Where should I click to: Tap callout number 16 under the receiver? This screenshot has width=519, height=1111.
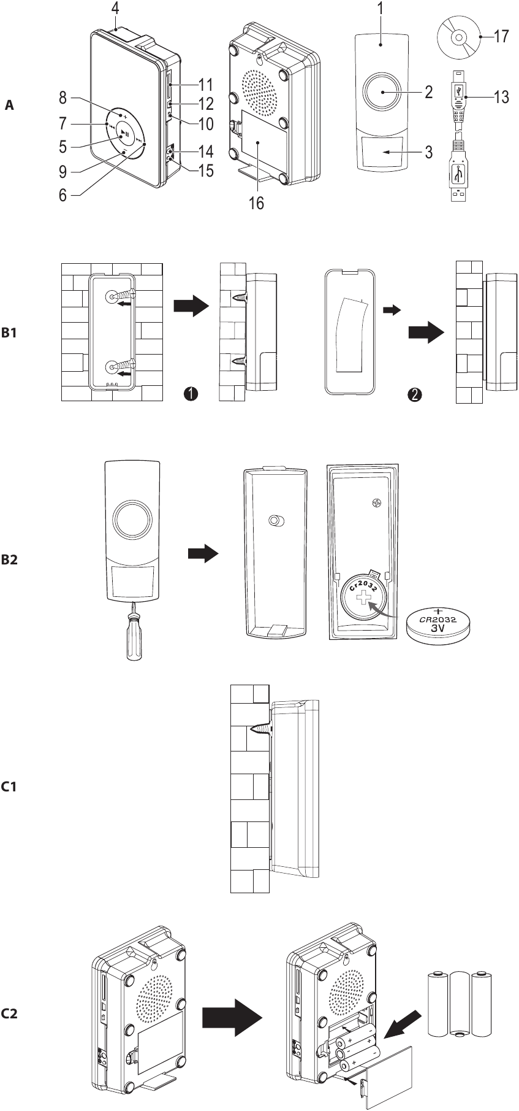(x=256, y=203)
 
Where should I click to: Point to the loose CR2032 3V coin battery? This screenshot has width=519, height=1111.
(x=439, y=625)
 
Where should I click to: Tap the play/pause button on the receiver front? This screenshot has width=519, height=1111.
(x=124, y=133)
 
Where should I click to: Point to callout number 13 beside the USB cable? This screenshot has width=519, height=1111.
(x=501, y=97)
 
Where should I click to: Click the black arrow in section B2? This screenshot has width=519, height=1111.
(x=202, y=554)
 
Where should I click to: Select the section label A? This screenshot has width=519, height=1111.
(x=9, y=106)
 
